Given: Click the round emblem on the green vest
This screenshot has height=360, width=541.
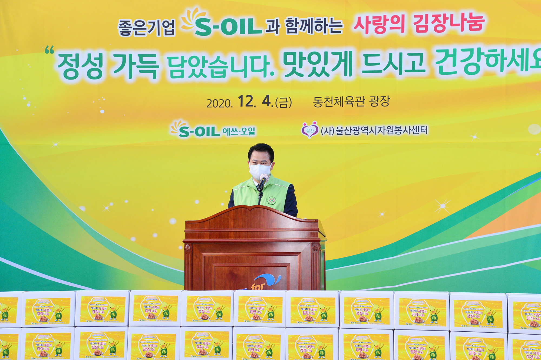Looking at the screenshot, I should pos(272,200).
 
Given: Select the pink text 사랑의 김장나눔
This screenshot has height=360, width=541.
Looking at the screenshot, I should pos(419,24).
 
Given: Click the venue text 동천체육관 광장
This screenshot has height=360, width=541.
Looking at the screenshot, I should pos(351,102).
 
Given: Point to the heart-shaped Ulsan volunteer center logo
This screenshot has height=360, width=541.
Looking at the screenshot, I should pos(310,130).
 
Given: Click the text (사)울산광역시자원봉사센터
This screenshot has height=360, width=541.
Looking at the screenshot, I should pos(374,131).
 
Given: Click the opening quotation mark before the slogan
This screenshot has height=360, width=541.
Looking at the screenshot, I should pos(50,50).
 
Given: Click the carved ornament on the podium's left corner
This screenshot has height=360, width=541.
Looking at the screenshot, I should pos(187,247).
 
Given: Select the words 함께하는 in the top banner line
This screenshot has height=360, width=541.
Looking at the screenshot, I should pos(314,27).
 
